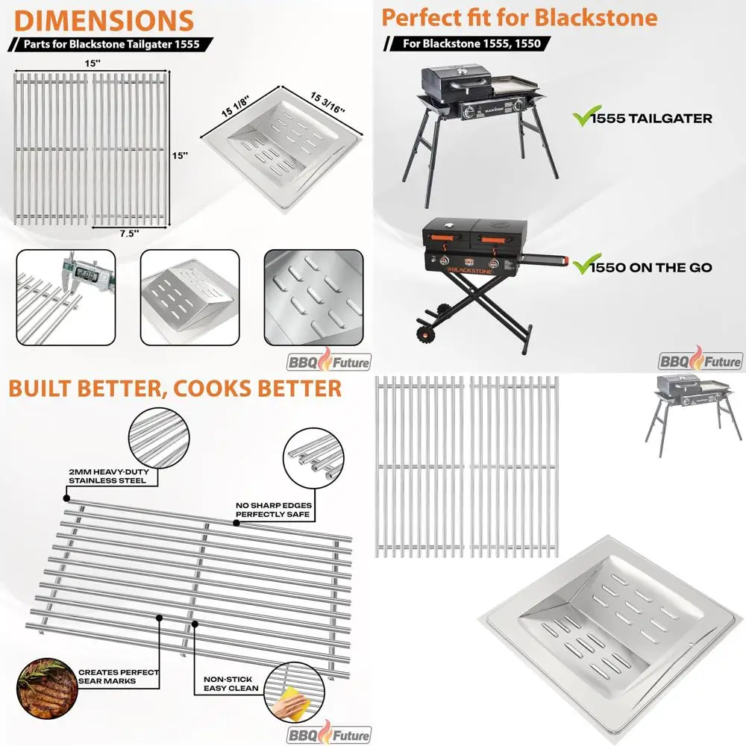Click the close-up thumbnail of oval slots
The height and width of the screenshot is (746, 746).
tap(313, 297)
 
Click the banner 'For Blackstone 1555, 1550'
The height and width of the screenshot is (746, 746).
tap(473, 43)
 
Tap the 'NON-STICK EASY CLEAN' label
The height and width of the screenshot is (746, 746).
tap(230, 684)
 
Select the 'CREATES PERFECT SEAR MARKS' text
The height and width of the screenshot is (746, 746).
tap(119, 677)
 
